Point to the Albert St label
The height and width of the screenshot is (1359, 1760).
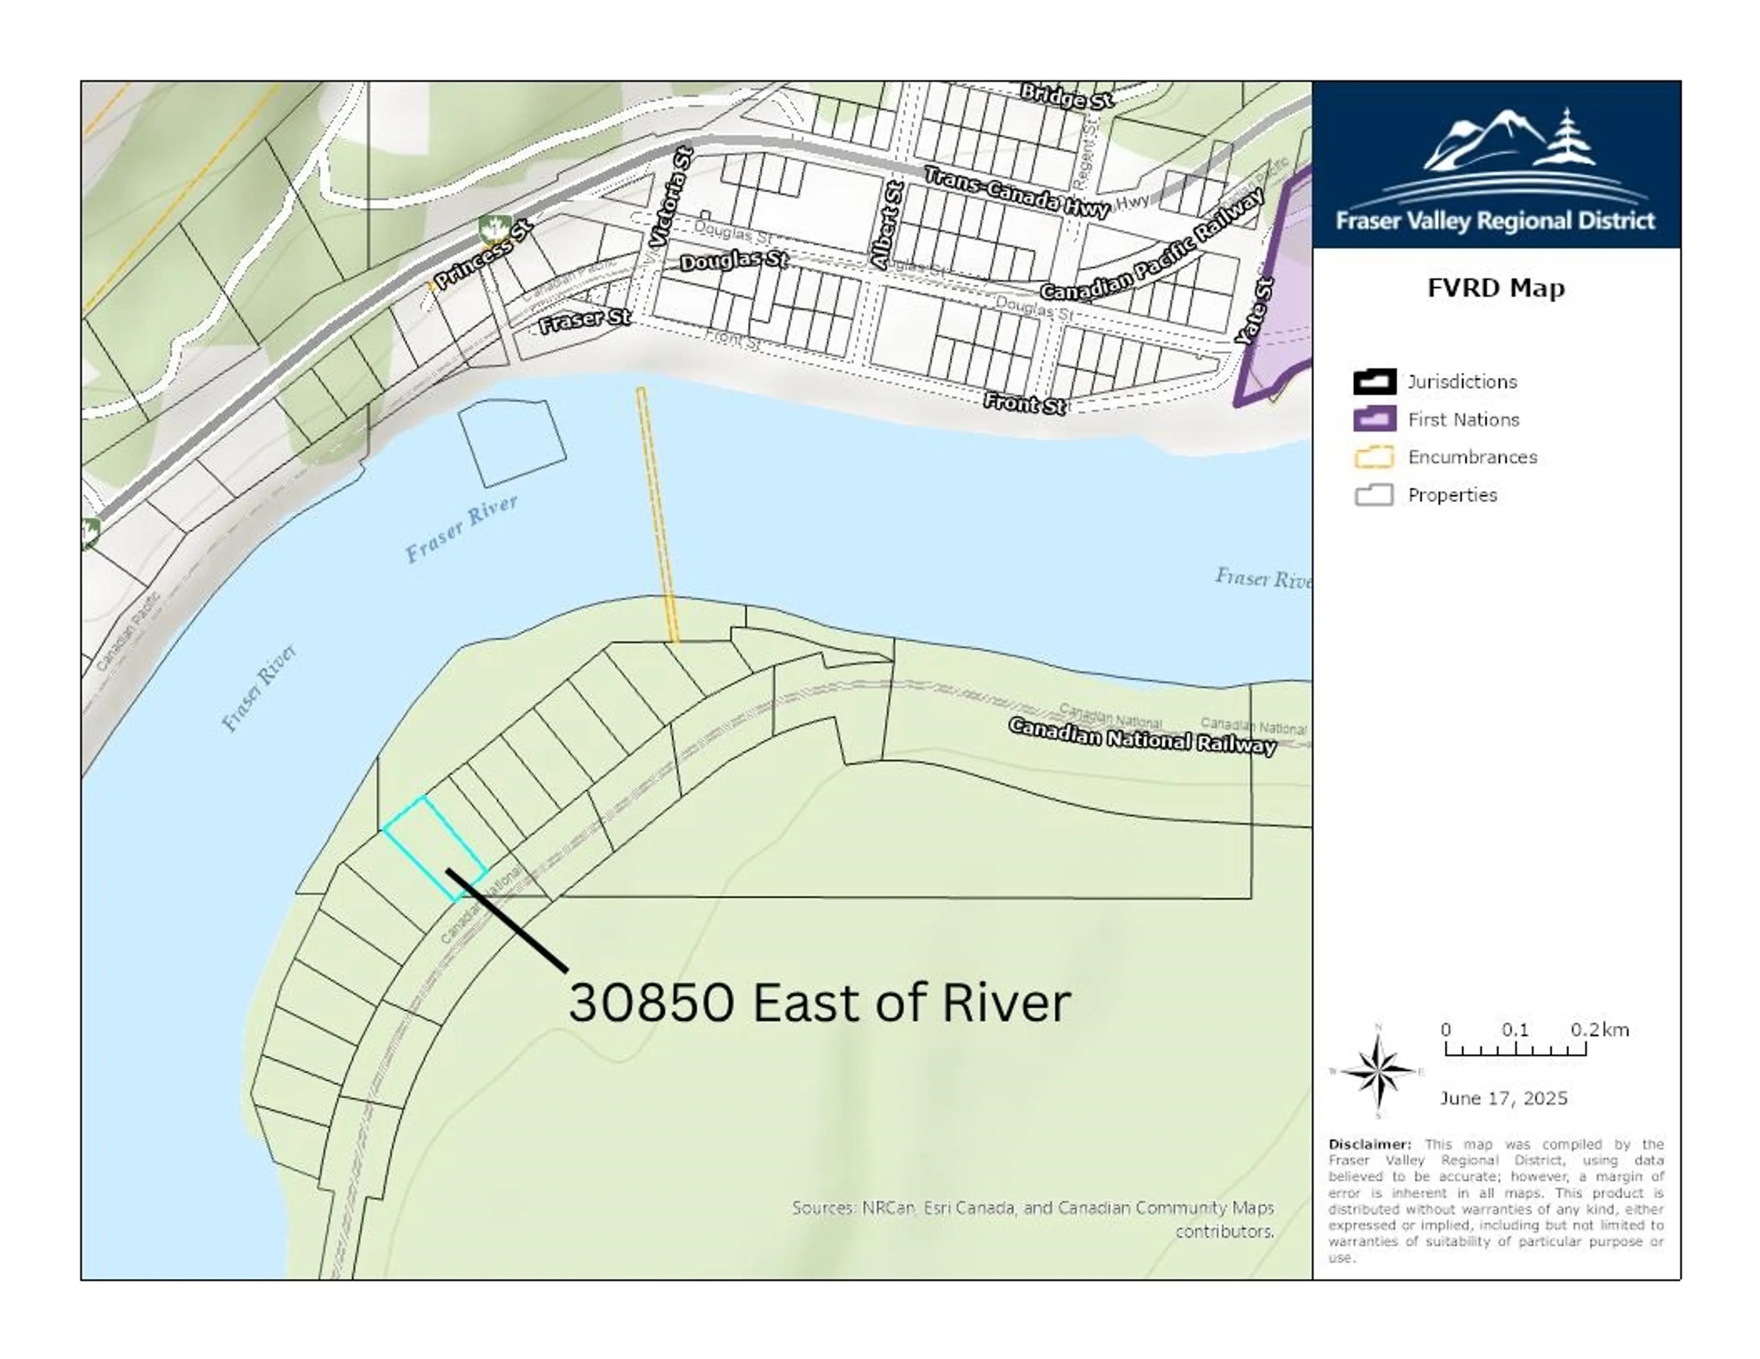(887, 225)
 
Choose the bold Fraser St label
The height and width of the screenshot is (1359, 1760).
(584, 321)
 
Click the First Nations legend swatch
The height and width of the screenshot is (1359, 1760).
(1374, 419)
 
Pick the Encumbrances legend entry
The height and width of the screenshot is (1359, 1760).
(1472, 457)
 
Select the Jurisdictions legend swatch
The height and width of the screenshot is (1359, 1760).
(1374, 381)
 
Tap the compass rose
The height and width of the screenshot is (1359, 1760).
(1378, 1071)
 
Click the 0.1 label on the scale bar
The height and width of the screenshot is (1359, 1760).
(1514, 1030)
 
